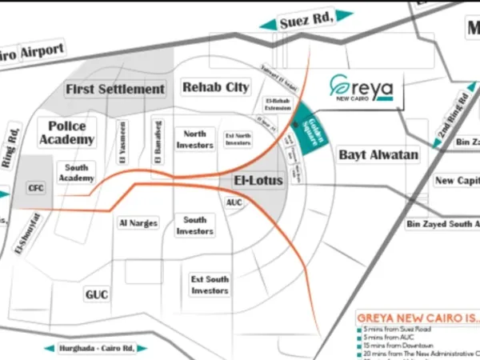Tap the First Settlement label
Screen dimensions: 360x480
pyautogui.click(x=115, y=89)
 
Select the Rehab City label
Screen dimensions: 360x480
pyautogui.click(x=215, y=86)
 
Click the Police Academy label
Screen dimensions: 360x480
pyautogui.click(x=71, y=132)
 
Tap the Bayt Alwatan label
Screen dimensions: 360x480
pyautogui.click(x=378, y=154)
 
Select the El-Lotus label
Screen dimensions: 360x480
pyautogui.click(x=259, y=181)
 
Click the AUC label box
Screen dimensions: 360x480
pyautogui.click(x=234, y=203)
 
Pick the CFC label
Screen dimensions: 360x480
pyautogui.click(x=36, y=188)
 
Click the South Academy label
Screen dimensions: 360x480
pyautogui.click(x=76, y=173)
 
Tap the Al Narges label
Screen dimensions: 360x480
pyautogui.click(x=138, y=223)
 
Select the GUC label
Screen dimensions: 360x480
pyautogui.click(x=96, y=294)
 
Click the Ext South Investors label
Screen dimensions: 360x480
pyautogui.click(x=210, y=285)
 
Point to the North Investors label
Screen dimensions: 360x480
pyautogui.click(x=195, y=139)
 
